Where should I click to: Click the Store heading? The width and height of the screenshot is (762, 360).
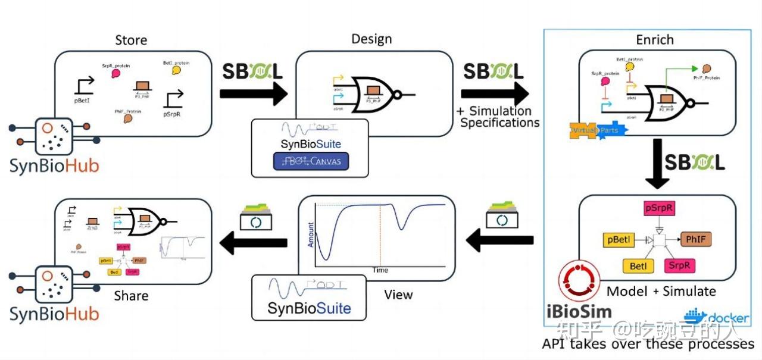click(x=130, y=40)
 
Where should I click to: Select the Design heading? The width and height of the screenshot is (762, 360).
click(x=371, y=39)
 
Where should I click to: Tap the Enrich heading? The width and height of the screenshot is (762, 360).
click(x=654, y=40)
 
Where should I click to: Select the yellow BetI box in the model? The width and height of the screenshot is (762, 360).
click(x=638, y=265)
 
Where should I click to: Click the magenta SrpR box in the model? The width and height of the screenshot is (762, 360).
click(x=679, y=265)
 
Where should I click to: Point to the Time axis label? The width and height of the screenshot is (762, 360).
click(x=380, y=270)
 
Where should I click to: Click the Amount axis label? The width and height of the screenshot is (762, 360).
click(x=310, y=235)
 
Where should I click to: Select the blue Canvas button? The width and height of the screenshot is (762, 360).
click(x=310, y=162)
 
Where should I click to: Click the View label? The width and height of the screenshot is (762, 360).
click(x=398, y=294)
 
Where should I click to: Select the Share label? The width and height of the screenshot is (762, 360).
click(x=131, y=296)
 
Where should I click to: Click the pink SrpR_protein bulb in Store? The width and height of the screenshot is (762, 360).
click(x=116, y=74)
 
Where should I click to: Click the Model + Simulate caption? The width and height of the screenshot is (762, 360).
click(x=661, y=291)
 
